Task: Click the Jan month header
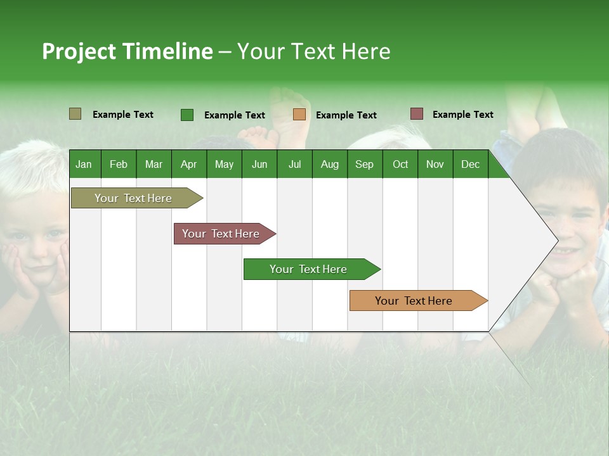coord(84,165)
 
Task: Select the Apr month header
coord(188,165)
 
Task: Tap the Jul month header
coord(294,165)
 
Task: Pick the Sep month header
coord(364,165)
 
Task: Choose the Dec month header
coord(470,165)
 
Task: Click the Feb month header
coord(119,165)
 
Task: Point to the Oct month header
coord(400,165)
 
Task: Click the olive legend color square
coord(75,114)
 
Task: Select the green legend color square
coord(187,115)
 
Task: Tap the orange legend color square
coord(299,115)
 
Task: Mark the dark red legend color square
coord(417,114)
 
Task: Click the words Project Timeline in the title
coord(128,51)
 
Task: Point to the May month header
coord(224,165)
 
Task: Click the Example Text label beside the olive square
coord(123,115)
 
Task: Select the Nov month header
coord(435,165)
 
